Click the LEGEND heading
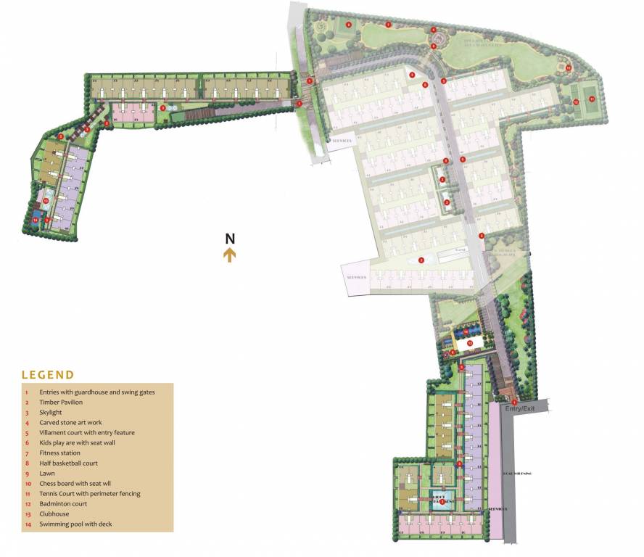click(x=48, y=375)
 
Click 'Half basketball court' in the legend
click(x=68, y=463)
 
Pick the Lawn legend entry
click(x=47, y=473)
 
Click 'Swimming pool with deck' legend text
click(x=76, y=524)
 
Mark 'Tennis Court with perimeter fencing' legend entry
click(x=90, y=493)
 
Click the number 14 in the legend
click(x=27, y=524)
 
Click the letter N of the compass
click(x=230, y=239)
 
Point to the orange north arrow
click(x=230, y=255)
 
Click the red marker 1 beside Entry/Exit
click(x=514, y=403)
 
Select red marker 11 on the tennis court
click(x=592, y=99)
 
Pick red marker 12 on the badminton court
click(x=576, y=102)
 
